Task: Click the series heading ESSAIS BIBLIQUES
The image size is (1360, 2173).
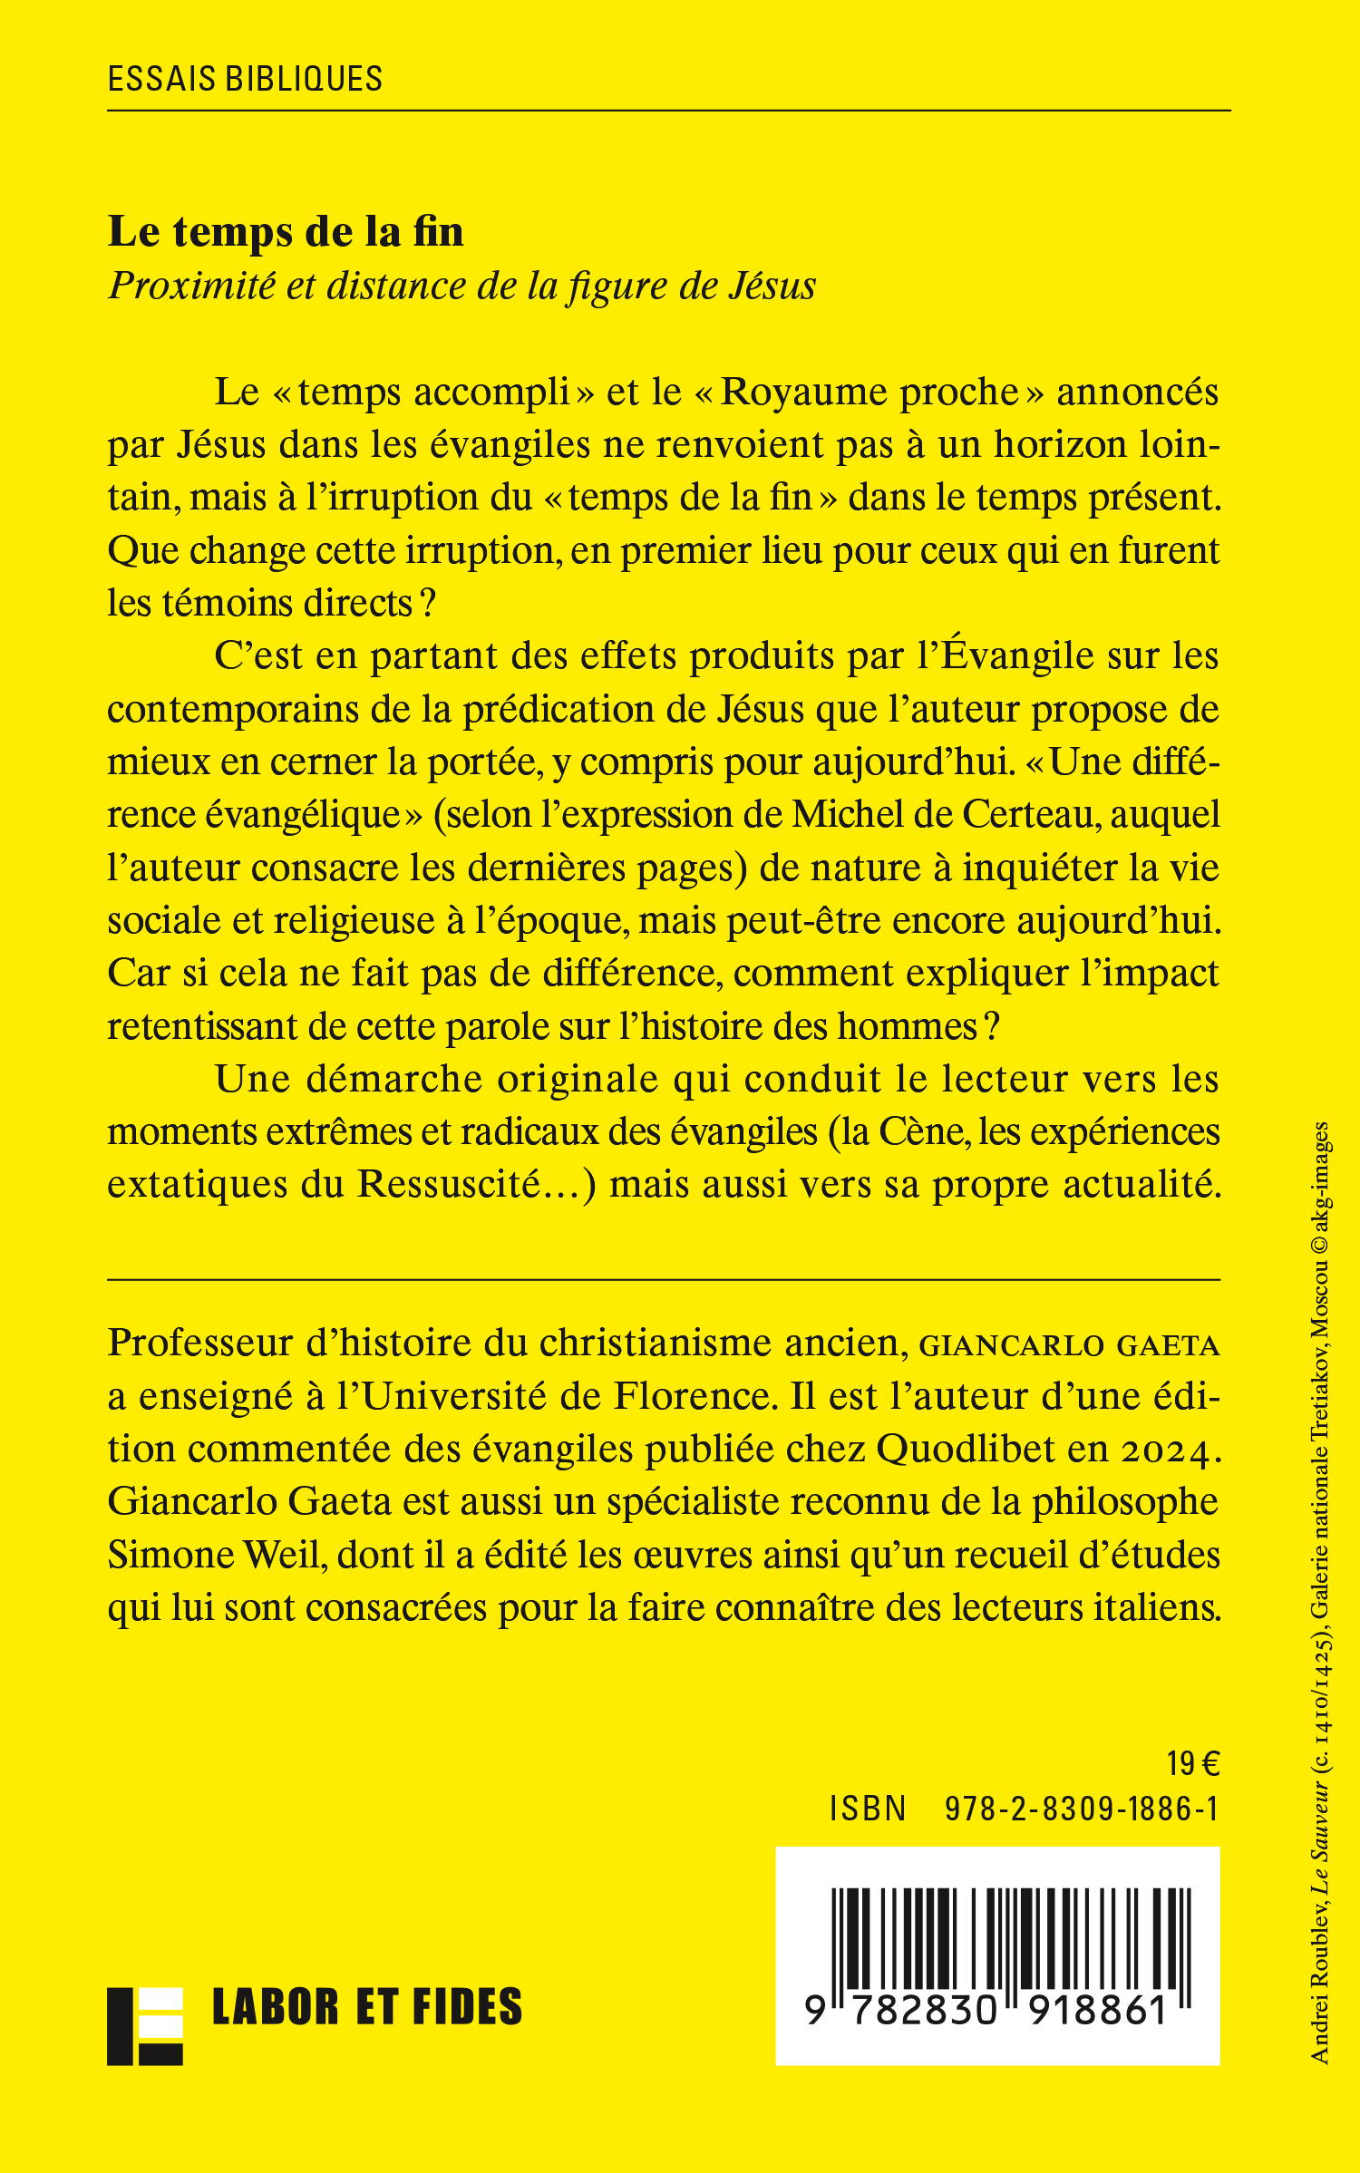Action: point(245,79)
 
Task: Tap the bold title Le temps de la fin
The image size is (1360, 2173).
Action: point(286,231)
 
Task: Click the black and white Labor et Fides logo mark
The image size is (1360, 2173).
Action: point(145,2026)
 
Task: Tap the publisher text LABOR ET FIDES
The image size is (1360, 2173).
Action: point(367,2007)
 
